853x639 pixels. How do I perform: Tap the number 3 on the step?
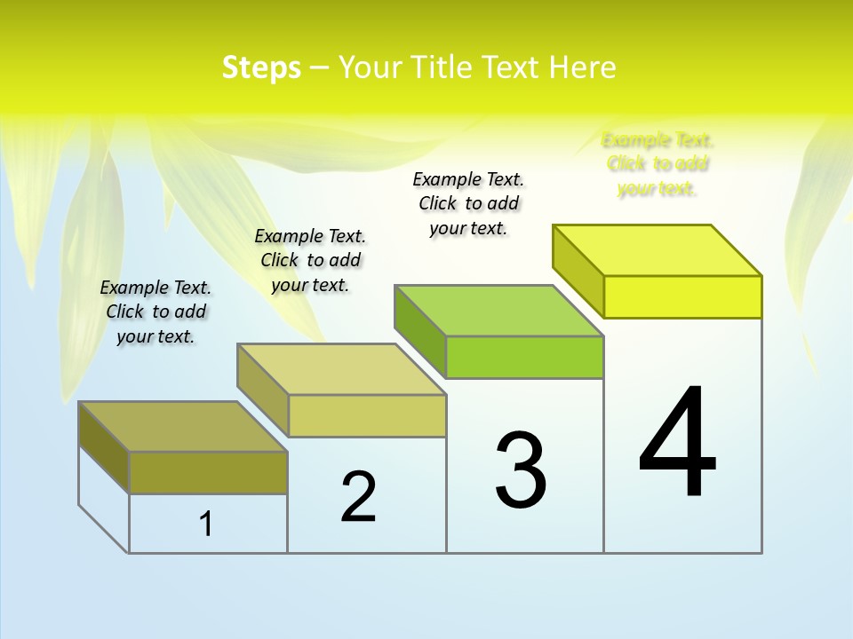click(521, 470)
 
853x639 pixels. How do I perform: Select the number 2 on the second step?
click(358, 497)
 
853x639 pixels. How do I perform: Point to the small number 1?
click(206, 524)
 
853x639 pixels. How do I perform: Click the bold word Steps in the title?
click(261, 67)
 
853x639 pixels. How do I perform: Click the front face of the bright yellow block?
click(682, 296)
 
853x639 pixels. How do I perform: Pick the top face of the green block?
click(499, 311)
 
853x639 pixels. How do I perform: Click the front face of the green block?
click(524, 357)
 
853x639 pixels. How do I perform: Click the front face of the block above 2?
click(367, 415)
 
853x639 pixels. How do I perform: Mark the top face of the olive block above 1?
click(183, 426)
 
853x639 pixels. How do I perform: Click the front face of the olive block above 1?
click(208, 472)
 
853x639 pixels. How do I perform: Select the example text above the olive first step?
click(155, 312)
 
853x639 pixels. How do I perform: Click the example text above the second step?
click(310, 260)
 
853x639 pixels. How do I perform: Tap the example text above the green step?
click(468, 203)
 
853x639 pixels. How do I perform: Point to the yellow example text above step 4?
click(658, 164)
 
